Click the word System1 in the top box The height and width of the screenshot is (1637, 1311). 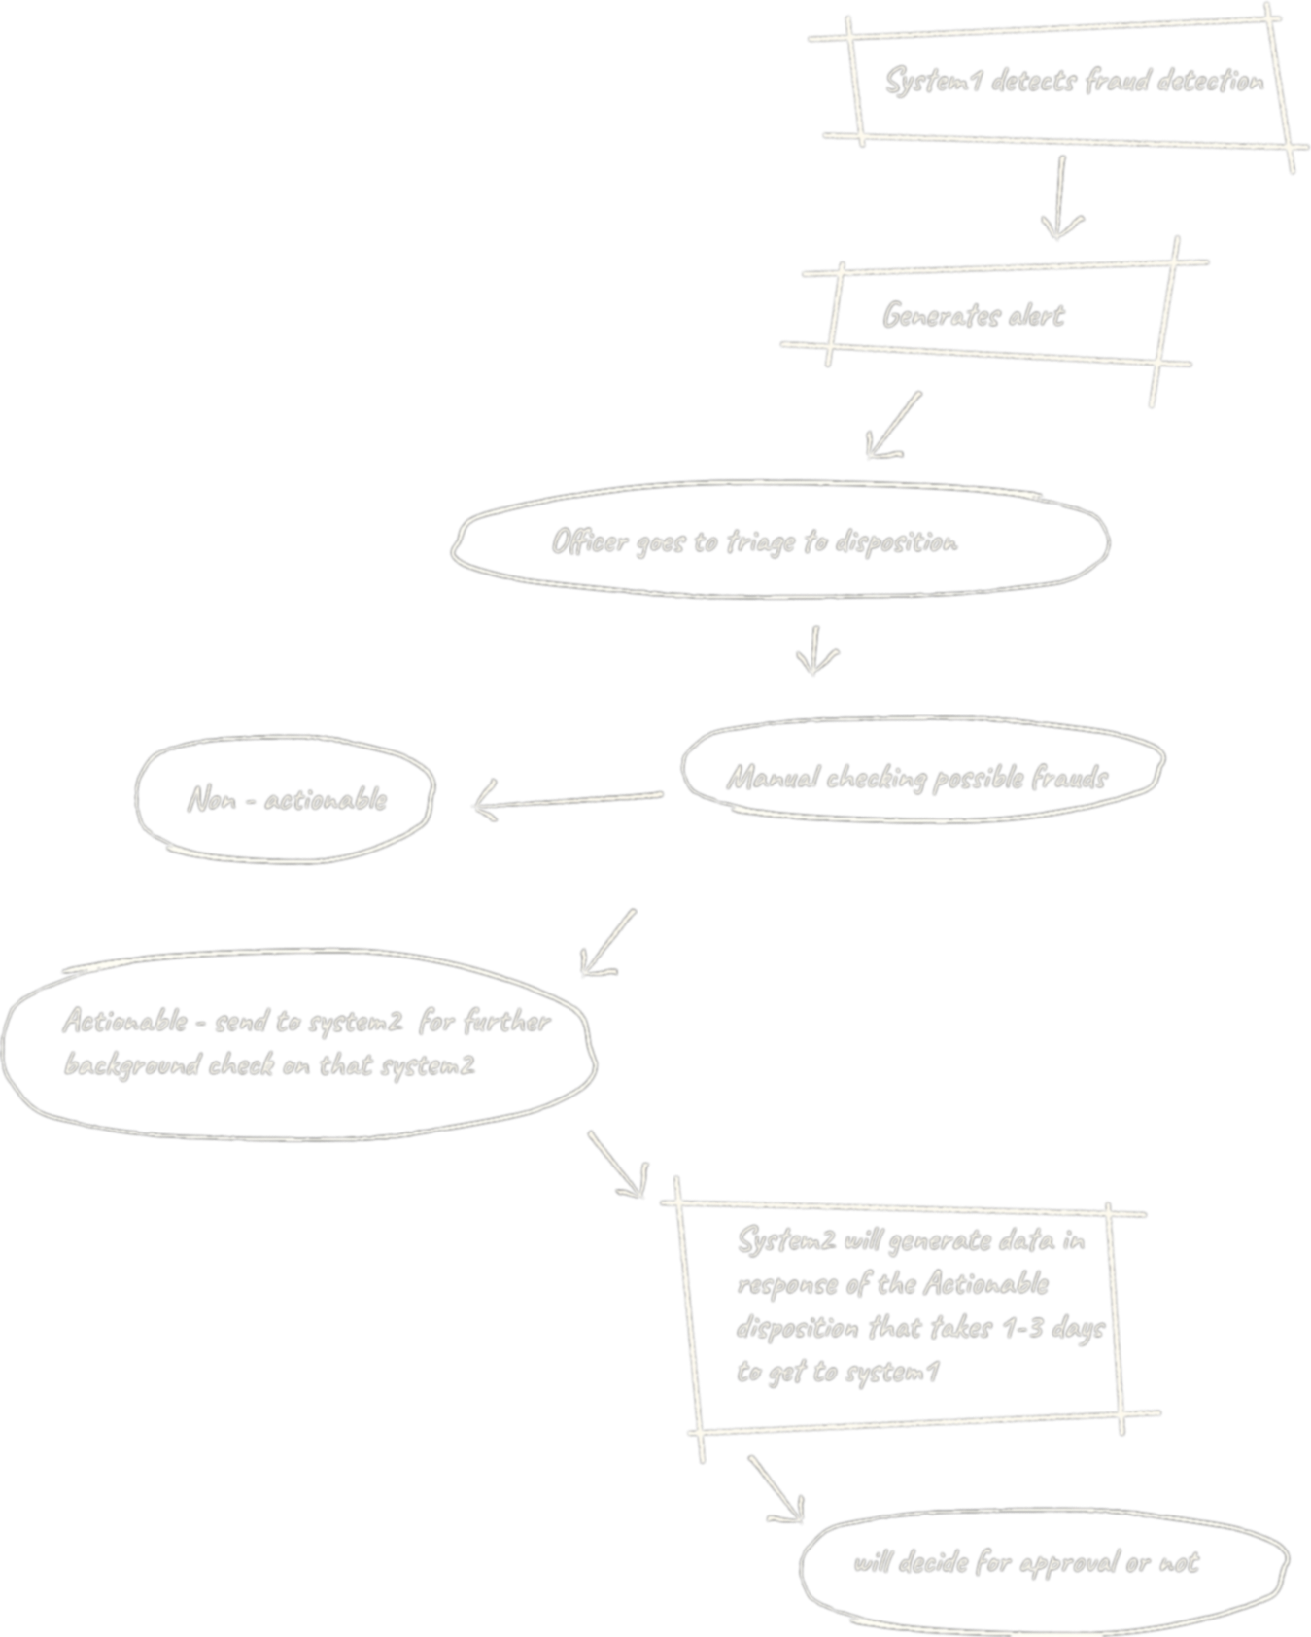coord(932,82)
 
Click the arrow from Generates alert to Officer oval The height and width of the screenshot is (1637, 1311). coord(893,426)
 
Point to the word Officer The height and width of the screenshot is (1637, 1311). coord(590,541)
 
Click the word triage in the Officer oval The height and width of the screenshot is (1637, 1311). coord(761,542)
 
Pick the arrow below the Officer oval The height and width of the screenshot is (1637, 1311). coord(815,650)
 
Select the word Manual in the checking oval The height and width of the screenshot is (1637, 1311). coord(773,778)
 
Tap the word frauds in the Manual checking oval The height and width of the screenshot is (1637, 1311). coord(1069,778)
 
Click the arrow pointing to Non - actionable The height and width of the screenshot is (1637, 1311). coord(567,801)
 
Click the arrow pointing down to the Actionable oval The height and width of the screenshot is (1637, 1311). coord(608,943)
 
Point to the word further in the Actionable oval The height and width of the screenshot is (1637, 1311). coord(506,1022)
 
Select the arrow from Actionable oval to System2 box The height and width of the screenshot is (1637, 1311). coord(617,1164)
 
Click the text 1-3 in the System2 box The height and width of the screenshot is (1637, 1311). coord(1023,1328)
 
